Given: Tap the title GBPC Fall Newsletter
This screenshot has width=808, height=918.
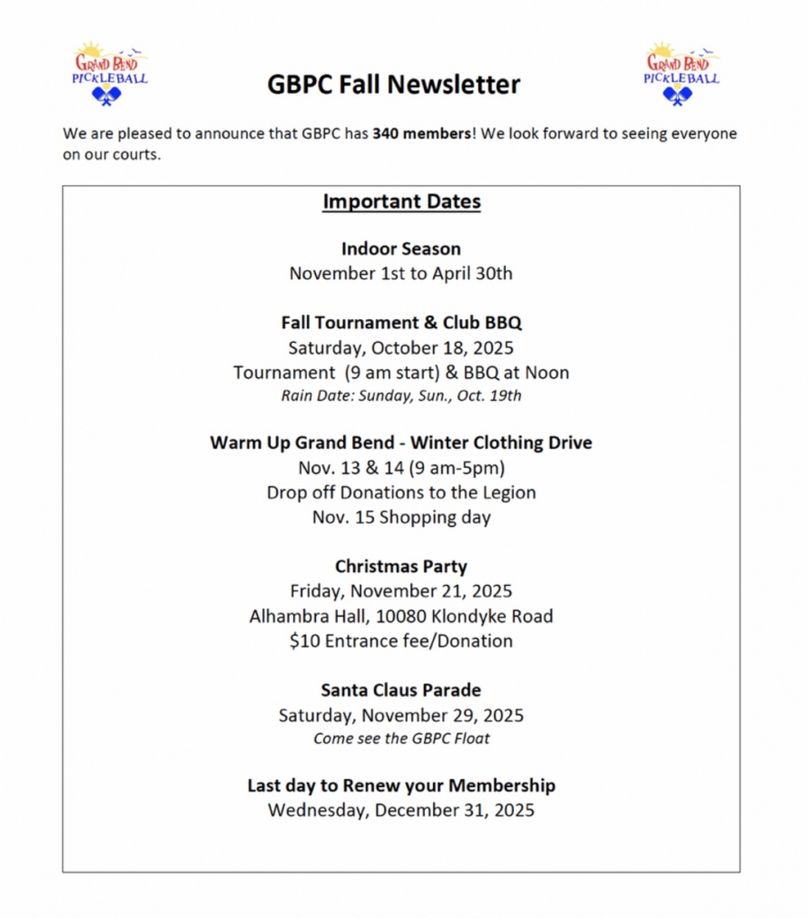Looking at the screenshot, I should click(393, 84).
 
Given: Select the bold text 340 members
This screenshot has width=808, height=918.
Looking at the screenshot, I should click(422, 134).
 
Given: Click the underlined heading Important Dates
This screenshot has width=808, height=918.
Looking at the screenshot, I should click(402, 201).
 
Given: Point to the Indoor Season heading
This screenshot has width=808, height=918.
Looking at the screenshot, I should click(401, 249).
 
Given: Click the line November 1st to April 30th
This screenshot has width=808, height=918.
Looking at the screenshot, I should click(401, 273).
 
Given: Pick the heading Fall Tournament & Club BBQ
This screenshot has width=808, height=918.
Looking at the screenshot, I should click(402, 322).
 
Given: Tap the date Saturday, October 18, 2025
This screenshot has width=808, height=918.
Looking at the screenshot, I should click(401, 348).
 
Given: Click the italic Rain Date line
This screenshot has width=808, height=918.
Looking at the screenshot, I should click(401, 396).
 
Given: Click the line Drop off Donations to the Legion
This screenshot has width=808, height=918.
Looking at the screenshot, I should click(401, 492).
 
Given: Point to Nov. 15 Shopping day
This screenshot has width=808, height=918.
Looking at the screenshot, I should click(401, 517).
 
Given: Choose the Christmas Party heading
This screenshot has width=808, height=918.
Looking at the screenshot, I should click(401, 566).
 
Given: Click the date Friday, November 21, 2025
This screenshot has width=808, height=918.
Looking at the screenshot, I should click(401, 592).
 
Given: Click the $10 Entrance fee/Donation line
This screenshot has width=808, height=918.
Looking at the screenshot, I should click(401, 642).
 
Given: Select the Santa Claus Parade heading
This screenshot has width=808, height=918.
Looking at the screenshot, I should click(401, 690).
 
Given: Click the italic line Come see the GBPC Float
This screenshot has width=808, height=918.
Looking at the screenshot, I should click(401, 738).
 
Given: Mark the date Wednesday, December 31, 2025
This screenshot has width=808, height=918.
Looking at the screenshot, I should click(401, 811).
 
